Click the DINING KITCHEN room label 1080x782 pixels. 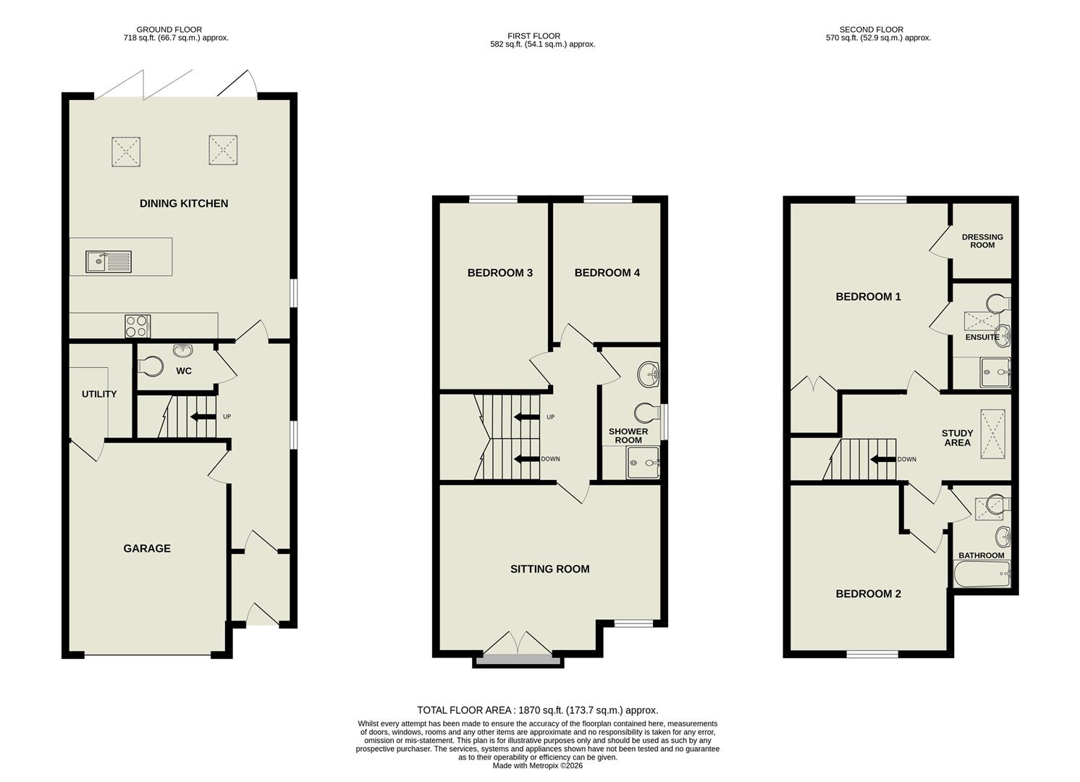point(184,203)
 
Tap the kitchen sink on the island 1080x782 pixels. point(108,261)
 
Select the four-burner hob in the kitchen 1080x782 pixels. point(138,326)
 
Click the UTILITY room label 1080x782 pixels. point(99,394)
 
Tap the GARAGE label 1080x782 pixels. point(147,548)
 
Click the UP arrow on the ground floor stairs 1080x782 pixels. point(202,416)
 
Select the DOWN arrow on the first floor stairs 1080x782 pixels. point(526,458)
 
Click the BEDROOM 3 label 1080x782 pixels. point(500,273)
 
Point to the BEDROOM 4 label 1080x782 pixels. point(607,273)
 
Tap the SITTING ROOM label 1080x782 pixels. point(550,569)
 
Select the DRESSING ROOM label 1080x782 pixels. point(982,241)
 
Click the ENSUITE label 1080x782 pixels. point(982,337)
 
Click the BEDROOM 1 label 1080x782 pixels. point(868,297)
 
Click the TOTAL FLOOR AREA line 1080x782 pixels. point(537,710)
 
